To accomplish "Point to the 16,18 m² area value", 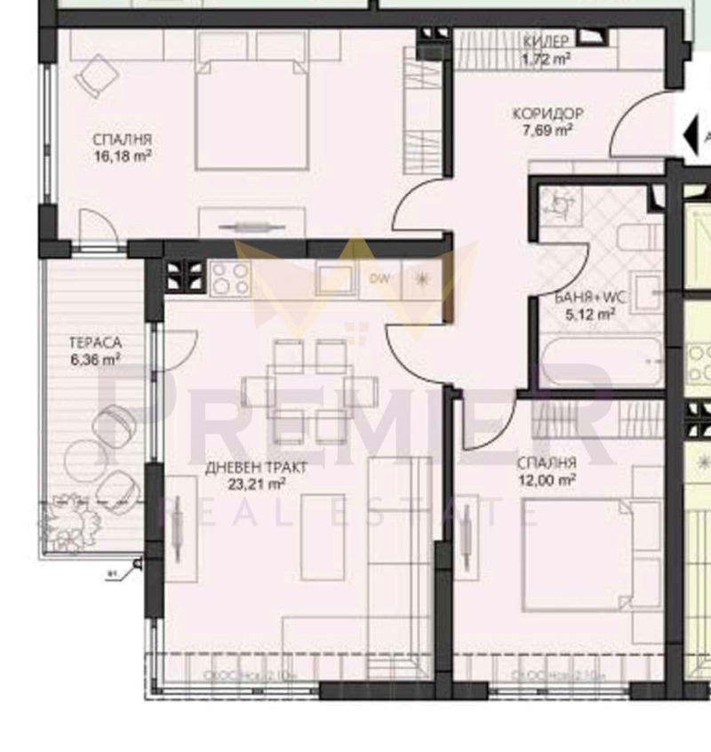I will click(123, 156).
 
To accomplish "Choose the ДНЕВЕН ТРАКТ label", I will click(244, 468).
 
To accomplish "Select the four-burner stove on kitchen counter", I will click(230, 280).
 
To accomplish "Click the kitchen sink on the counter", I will click(336, 279).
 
